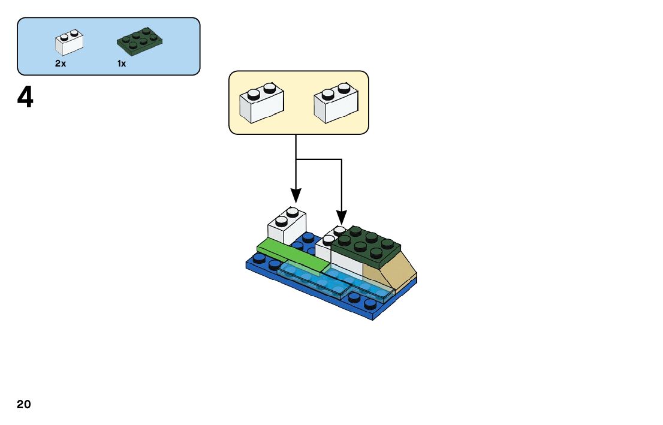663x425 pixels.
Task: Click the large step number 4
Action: pyautogui.click(x=25, y=98)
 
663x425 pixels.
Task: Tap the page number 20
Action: pyautogui.click(x=24, y=405)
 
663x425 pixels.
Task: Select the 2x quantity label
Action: pyautogui.click(x=61, y=64)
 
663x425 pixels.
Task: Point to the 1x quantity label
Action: pyautogui.click(x=122, y=64)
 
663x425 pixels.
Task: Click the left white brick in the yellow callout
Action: pyautogui.click(x=261, y=103)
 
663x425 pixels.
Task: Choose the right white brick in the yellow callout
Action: pyautogui.click(x=336, y=103)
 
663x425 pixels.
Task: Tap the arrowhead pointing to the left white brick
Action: pyautogui.click(x=296, y=195)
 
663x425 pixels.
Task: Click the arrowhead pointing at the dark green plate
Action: pyautogui.click(x=341, y=218)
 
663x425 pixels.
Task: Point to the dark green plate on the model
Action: pyautogui.click(x=366, y=246)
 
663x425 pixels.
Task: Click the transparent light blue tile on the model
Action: pyautogui.click(x=336, y=281)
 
